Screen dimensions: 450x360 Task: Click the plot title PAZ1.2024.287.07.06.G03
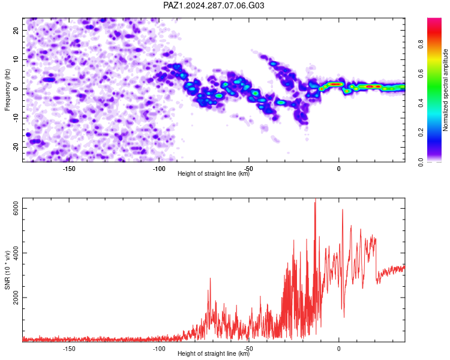coord(214,5)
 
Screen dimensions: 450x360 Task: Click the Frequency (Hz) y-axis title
coord(7,90)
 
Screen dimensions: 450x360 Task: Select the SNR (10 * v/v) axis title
coord(7,270)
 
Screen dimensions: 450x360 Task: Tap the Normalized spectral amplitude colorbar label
coord(445,90)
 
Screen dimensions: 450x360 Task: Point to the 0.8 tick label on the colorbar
coord(421,44)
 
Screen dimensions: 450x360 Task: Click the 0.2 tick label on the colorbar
coord(421,133)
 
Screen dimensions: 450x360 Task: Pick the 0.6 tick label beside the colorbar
coord(421,74)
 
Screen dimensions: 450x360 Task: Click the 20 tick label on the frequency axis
coord(16,30)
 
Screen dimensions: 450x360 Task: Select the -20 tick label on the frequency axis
coord(16,147)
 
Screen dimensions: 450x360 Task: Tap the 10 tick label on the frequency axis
coord(16,59)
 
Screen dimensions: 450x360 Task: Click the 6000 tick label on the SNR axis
coord(16,208)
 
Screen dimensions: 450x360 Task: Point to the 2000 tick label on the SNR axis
coord(16,298)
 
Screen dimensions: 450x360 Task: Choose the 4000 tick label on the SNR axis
coord(16,253)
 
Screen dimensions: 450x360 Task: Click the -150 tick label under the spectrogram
coord(68,169)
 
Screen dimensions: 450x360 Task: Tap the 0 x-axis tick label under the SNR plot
coord(338,349)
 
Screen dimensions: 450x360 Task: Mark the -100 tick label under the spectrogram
coord(159,169)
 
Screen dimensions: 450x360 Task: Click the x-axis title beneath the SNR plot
coord(214,353)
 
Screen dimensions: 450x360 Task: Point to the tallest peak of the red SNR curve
coord(316,199)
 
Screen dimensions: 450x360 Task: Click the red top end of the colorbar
coord(434,20)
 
